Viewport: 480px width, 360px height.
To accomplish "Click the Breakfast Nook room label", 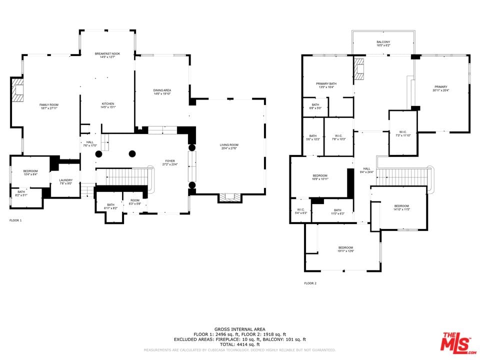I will (107, 55).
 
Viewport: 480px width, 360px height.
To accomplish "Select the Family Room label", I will (49, 106).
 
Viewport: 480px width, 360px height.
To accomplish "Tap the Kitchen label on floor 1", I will (108, 105).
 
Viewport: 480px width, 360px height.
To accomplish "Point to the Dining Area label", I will (162, 92).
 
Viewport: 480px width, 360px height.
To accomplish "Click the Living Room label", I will (228, 146).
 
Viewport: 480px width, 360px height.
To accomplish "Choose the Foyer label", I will (170, 162).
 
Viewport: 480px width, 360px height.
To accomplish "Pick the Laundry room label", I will (65, 181).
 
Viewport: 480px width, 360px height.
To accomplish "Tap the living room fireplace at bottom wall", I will (229, 197).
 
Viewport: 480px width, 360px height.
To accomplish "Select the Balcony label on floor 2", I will (383, 43).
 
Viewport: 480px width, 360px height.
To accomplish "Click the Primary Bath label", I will (326, 85).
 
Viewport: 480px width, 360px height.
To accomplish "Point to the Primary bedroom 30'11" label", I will (440, 88).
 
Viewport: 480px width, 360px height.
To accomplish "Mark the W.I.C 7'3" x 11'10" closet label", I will (402, 133).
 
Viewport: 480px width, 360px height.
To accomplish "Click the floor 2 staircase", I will (403, 176).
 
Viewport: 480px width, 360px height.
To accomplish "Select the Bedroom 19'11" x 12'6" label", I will (345, 249).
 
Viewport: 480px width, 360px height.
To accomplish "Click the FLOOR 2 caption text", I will (310, 283).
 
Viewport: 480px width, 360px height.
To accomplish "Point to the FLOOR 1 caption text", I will (15, 220).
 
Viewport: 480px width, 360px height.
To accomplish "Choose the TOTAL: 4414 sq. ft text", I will (240, 344).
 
